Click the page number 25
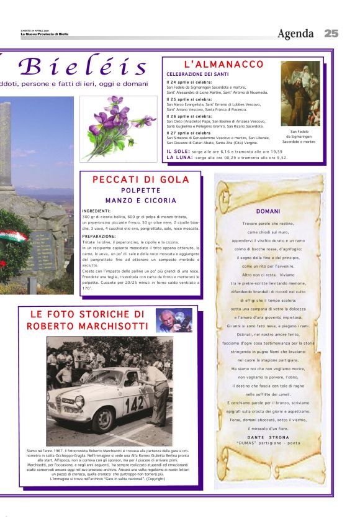tap(331, 34)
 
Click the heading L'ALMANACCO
tap(224, 65)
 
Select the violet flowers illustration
tap(119, 128)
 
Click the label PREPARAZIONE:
tap(99, 236)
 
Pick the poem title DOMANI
tap(268, 211)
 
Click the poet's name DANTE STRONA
tap(268, 437)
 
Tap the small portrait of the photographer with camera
tap(174, 320)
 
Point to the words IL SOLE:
tap(177, 151)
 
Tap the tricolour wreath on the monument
tap(13, 239)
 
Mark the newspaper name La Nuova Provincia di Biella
tap(45, 34)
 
